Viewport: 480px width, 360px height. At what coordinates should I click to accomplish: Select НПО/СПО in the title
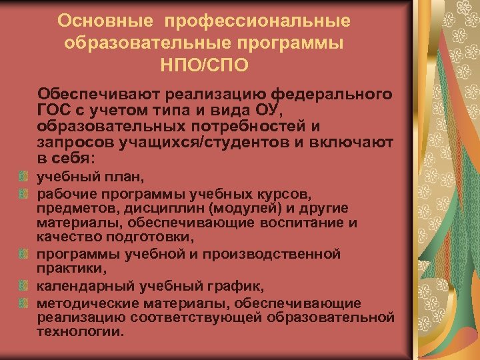tap(204, 66)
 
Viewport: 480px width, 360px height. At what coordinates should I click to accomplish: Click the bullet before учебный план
tap(23, 178)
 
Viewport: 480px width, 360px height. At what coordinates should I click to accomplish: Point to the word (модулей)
tap(233, 209)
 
